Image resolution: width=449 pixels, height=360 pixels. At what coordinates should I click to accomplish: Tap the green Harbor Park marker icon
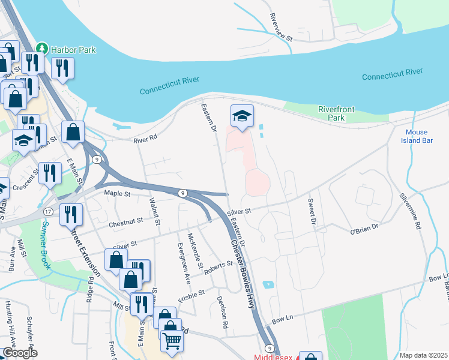[x=42, y=48]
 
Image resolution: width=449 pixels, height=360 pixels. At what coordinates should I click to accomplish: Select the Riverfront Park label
[x=337, y=113]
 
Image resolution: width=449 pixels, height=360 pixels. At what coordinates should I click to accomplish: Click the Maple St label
[x=117, y=193]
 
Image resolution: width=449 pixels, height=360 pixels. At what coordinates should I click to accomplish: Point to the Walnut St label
[x=155, y=212]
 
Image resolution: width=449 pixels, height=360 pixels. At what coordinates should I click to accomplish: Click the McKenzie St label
[x=196, y=250]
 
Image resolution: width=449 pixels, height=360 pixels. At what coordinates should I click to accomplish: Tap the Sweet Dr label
[x=312, y=211]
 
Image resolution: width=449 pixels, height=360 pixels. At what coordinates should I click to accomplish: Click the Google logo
[x=20, y=353]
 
